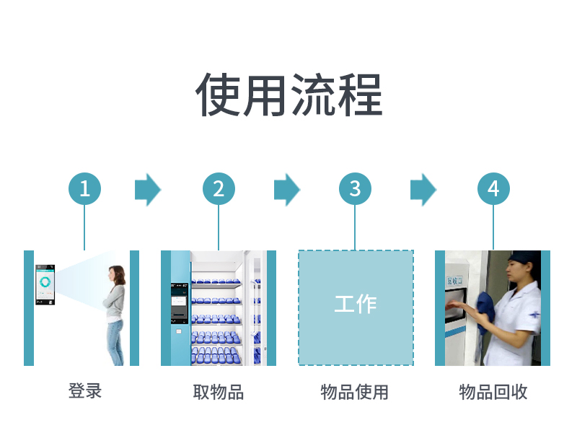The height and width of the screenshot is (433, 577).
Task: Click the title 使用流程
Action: click(x=288, y=95)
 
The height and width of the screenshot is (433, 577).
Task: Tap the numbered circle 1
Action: click(x=84, y=189)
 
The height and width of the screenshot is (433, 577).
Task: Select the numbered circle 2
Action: click(x=219, y=189)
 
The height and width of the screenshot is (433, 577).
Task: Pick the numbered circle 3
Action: click(x=355, y=189)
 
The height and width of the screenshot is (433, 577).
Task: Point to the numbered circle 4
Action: click(x=493, y=189)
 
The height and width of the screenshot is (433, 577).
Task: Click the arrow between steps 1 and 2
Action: click(x=147, y=190)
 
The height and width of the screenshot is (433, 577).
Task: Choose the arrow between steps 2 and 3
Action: click(x=286, y=190)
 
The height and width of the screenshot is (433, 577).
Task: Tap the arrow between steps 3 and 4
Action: click(x=423, y=190)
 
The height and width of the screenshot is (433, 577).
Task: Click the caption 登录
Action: click(x=85, y=391)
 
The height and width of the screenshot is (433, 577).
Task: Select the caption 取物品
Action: click(x=219, y=392)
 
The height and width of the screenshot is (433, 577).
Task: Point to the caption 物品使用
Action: click(x=355, y=392)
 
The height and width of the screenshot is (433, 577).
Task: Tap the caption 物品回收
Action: click(x=493, y=392)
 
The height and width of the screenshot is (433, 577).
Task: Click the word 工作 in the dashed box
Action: click(x=356, y=304)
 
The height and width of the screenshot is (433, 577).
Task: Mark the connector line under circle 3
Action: click(x=355, y=227)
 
